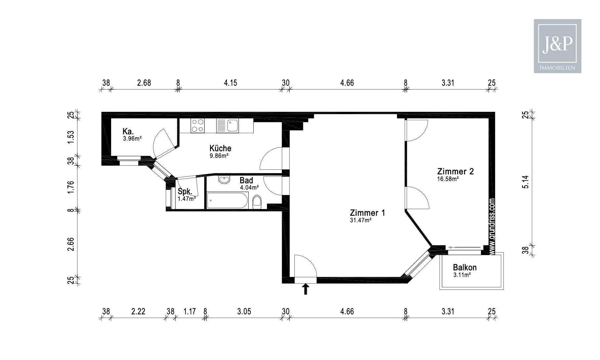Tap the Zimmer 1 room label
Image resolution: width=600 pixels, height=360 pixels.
[x=367, y=213]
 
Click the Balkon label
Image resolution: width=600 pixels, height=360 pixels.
[x=465, y=267]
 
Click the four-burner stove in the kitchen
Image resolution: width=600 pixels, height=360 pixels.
[x=198, y=126]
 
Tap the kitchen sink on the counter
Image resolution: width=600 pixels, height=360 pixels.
[x=228, y=126]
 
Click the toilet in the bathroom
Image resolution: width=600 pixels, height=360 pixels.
[x=257, y=202]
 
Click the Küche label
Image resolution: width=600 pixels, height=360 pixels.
[x=220, y=148]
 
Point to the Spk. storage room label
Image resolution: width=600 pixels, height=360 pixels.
[x=185, y=191]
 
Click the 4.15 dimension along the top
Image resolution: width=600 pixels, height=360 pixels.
[x=230, y=82]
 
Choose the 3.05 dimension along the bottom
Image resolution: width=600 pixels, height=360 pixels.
[x=244, y=311]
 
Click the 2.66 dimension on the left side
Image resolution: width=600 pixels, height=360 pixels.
[x=70, y=244]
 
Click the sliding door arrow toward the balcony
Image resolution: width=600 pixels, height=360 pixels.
[x=464, y=247]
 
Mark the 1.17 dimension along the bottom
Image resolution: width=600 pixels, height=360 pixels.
[x=190, y=311]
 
